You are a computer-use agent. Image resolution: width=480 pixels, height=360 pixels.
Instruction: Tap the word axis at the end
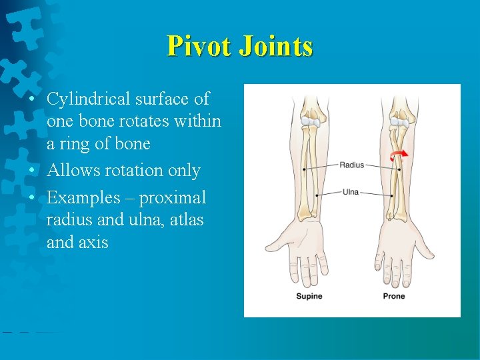pyautogui.click(x=93, y=243)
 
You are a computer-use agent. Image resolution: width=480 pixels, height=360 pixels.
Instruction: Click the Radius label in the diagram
pyautogui.click(x=351, y=165)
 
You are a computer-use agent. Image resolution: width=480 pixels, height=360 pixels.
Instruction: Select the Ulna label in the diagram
pyautogui.click(x=351, y=192)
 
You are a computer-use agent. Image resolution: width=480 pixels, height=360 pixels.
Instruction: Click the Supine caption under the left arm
pyautogui.click(x=309, y=296)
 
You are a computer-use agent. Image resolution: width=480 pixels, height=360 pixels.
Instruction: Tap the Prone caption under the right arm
pyautogui.click(x=393, y=296)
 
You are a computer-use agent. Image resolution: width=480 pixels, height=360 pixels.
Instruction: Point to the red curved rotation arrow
pyautogui.click(x=399, y=156)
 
